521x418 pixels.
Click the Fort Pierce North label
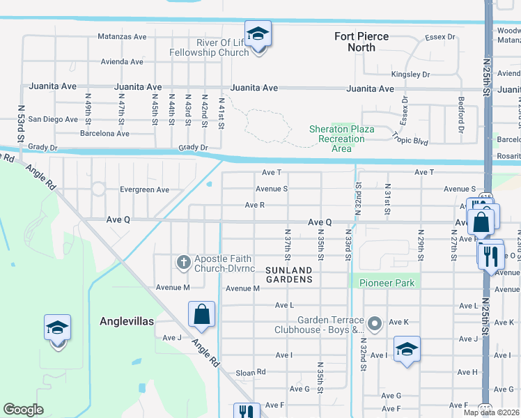click(x=361, y=42)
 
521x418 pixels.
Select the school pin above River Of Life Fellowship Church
click(x=257, y=35)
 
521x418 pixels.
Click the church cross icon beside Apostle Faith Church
click(x=184, y=263)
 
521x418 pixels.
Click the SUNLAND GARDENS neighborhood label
click(x=288, y=274)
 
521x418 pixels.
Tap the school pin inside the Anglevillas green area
click(x=57, y=329)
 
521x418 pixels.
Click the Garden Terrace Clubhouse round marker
click(x=375, y=323)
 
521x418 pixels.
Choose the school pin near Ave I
click(x=407, y=349)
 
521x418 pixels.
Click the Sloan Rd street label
click(x=251, y=372)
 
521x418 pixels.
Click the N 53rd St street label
click(x=22, y=130)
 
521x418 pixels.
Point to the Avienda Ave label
click(x=122, y=62)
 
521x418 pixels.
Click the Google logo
click(x=23, y=410)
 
